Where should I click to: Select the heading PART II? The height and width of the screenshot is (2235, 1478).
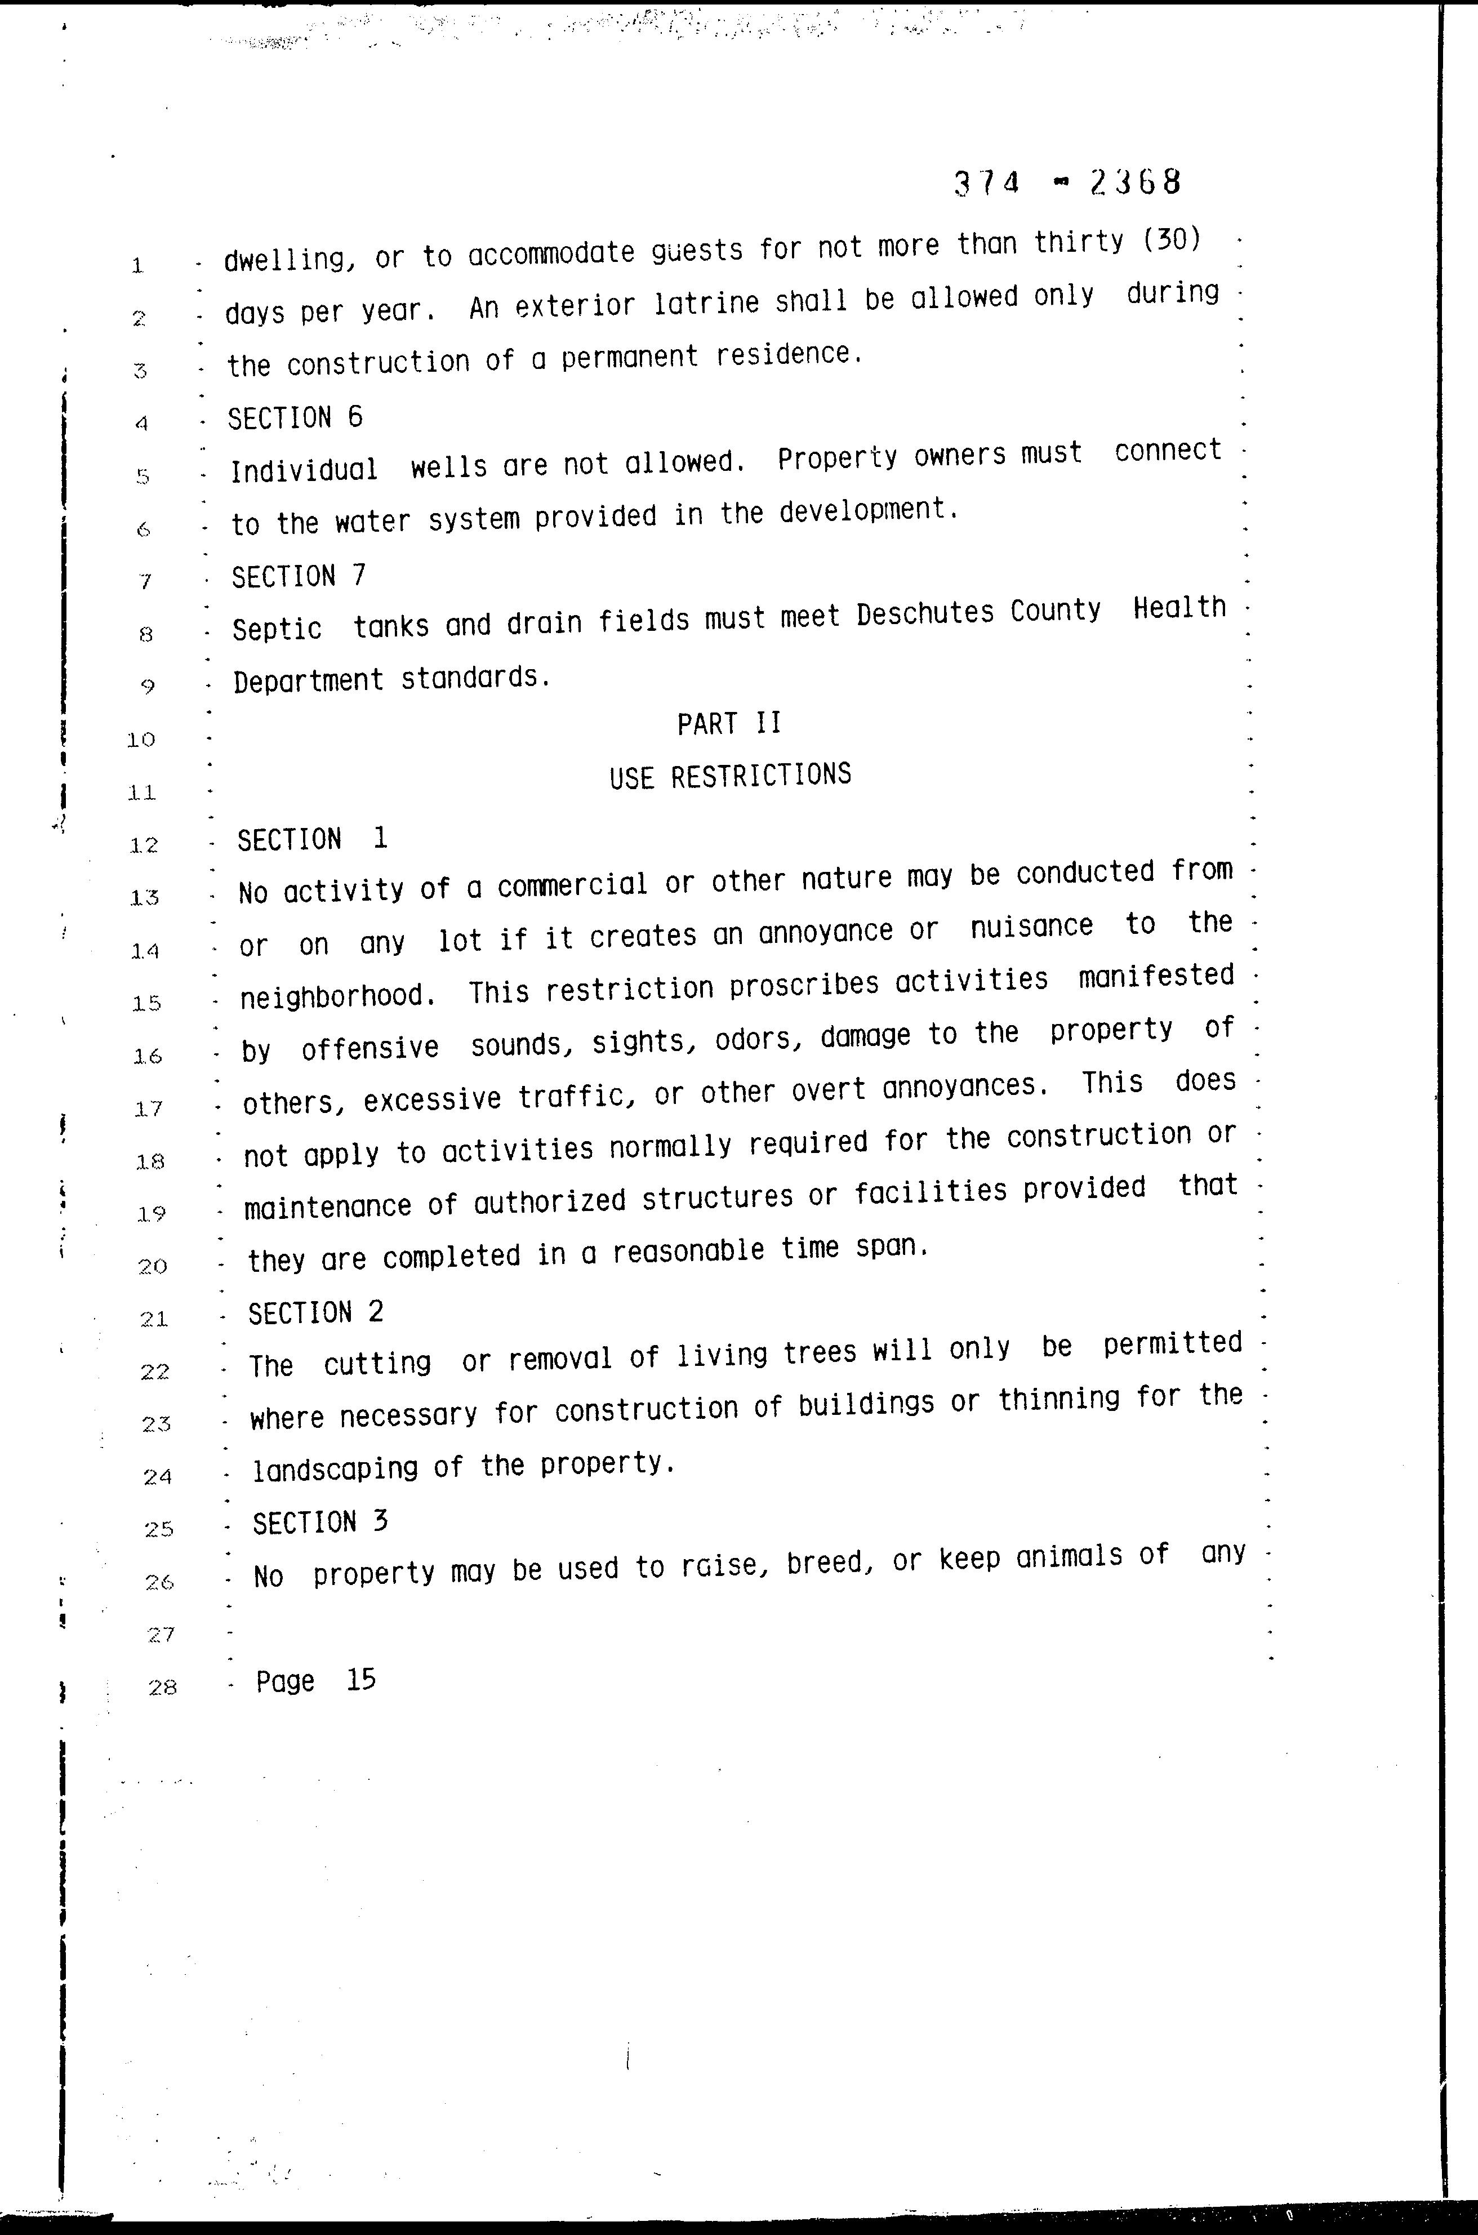pyautogui.click(x=729, y=723)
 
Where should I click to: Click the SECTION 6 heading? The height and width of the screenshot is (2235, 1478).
pyautogui.click(x=295, y=417)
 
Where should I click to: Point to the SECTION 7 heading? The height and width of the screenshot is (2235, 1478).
pyautogui.click(x=299, y=576)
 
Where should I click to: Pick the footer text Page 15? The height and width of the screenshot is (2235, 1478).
pyautogui.click(x=316, y=1680)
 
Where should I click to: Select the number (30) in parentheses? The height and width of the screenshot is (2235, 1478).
pyautogui.click(x=1172, y=241)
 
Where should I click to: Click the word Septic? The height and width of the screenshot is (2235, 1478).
pyautogui.click(x=277, y=629)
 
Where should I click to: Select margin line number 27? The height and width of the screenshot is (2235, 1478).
pyautogui.click(x=161, y=1633)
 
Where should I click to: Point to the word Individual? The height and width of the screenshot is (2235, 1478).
pyautogui.click(x=304, y=469)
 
